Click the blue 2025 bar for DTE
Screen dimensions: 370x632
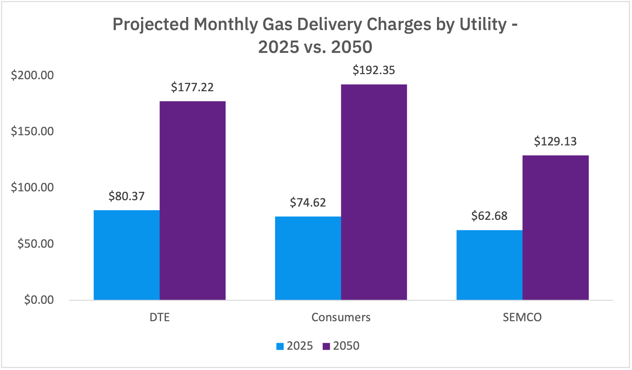[x=127, y=255]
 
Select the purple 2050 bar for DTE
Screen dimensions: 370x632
[x=192, y=201]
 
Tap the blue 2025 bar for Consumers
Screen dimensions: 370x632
[x=308, y=258]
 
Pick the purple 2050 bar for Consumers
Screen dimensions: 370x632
[x=374, y=192]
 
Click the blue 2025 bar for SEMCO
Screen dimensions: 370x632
[x=489, y=265]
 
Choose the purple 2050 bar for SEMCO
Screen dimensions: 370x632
[x=555, y=227]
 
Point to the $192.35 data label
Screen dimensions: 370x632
[x=374, y=70]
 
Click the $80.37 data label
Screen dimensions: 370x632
[x=127, y=196]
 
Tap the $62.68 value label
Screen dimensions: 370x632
[x=489, y=216]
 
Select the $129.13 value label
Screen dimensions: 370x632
[x=555, y=141]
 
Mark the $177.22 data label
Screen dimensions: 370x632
[x=192, y=87]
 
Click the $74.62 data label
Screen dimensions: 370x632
[x=308, y=202]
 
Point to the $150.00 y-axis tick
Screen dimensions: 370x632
[x=32, y=131]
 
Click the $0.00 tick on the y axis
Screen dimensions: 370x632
[x=39, y=300]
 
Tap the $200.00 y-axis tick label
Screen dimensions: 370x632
[x=32, y=75]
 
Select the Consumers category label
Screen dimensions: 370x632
[x=341, y=317]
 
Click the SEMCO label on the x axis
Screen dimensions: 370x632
[x=522, y=317]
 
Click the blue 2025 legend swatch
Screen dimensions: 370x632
[x=280, y=346]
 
